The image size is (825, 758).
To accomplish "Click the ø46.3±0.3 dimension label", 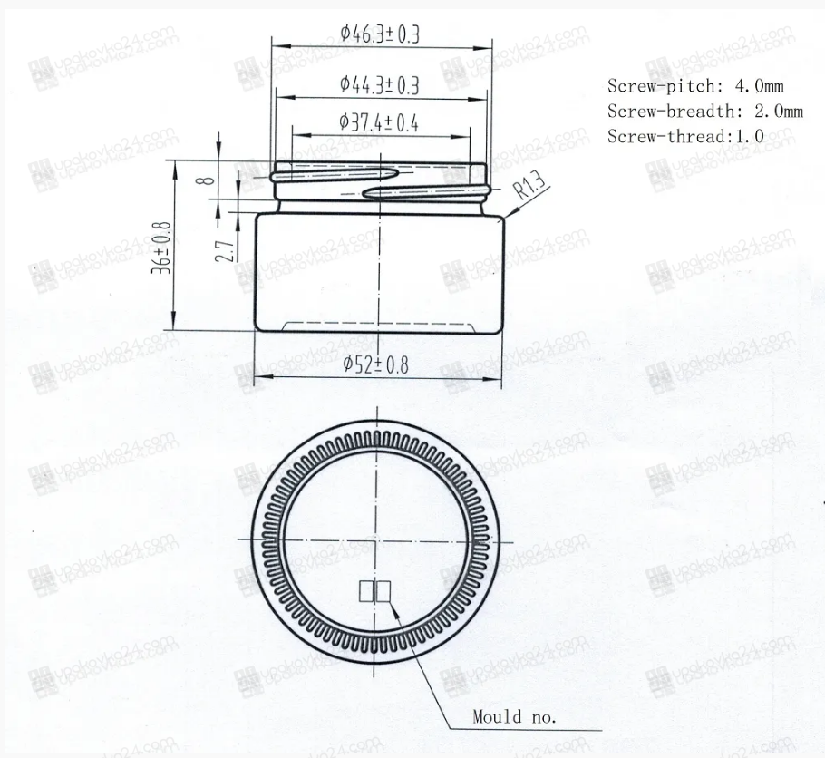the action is coord(380,34).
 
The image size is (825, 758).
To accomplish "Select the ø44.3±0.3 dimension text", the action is coord(380,84).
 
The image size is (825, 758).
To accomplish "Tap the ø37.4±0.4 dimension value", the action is coord(379,122).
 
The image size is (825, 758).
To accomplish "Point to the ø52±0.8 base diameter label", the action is coord(375,364).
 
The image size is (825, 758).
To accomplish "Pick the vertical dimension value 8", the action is coord(206,180).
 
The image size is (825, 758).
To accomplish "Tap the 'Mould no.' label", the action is coord(514,717).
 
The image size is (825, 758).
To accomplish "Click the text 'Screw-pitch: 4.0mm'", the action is coord(695,86).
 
